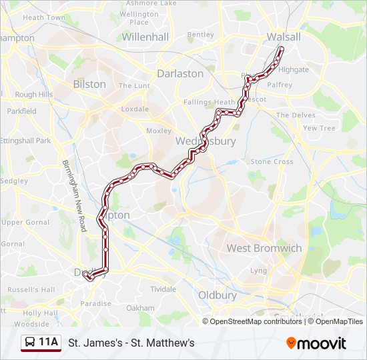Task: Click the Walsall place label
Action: point(284,37)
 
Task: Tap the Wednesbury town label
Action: point(206,141)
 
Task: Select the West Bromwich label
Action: point(264,248)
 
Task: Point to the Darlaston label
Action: point(180,73)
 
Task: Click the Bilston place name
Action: point(89,84)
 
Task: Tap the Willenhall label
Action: point(145,37)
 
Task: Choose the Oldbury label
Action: point(218,295)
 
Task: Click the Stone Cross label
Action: point(272,161)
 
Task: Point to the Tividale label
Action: point(163,289)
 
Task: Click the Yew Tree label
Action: point(319,128)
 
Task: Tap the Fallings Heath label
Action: point(209,102)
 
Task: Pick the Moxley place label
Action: point(158,131)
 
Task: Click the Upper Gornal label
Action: point(25,222)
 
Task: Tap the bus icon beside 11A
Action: point(30,343)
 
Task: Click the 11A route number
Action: point(48,343)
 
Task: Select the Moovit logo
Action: point(316,343)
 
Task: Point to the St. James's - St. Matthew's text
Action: point(131,343)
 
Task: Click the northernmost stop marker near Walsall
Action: point(281,49)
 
